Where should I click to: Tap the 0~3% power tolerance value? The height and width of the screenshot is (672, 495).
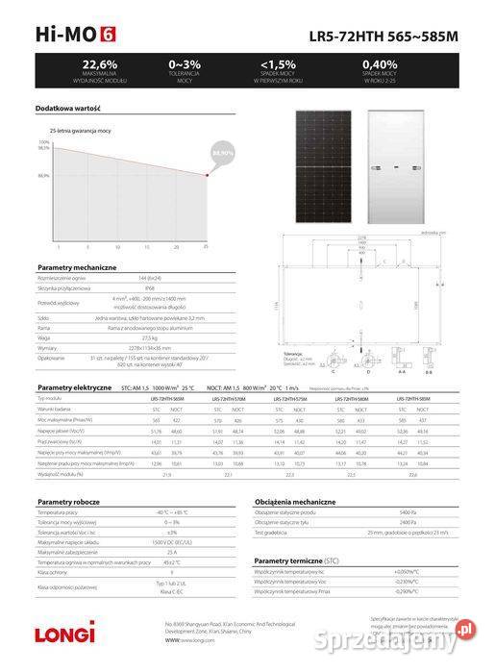click(x=184, y=63)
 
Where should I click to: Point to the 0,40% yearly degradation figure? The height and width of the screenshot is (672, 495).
click(x=381, y=63)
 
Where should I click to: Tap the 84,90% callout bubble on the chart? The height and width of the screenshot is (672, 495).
click(x=222, y=153)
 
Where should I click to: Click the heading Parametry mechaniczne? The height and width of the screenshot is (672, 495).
click(x=69, y=265)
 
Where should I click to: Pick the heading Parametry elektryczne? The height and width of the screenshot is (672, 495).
click(x=69, y=386)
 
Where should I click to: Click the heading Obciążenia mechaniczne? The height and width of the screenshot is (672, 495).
click(x=295, y=502)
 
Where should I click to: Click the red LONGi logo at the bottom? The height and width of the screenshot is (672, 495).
click(x=66, y=633)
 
